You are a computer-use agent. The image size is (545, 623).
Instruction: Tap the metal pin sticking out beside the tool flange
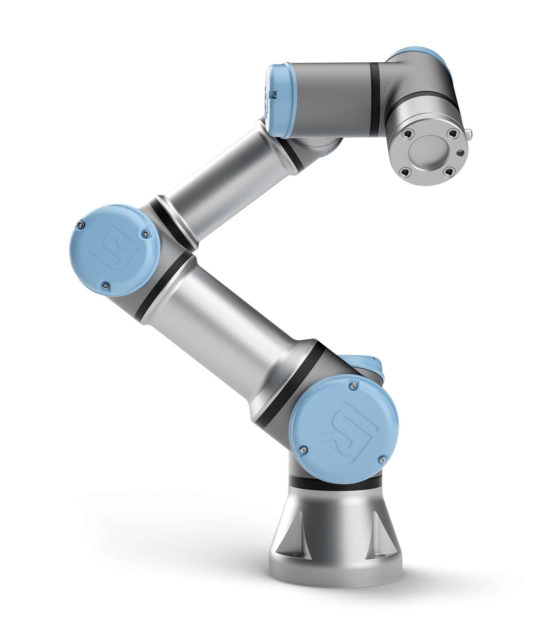pyautogui.click(x=471, y=135)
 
